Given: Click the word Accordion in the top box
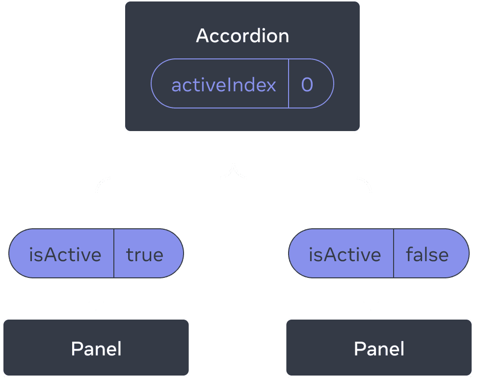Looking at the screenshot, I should [x=242, y=36].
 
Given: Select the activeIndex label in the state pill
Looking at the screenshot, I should [x=224, y=85].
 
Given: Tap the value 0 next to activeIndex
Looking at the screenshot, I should [x=307, y=85].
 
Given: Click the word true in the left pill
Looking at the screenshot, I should [x=145, y=254].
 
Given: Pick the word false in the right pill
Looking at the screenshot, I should [x=427, y=254].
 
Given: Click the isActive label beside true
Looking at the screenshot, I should [x=65, y=254].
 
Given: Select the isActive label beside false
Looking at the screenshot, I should [x=345, y=254].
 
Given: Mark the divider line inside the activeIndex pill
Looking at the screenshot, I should [x=289, y=83].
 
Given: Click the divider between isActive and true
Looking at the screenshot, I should [x=114, y=253].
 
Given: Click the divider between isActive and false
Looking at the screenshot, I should [x=394, y=253].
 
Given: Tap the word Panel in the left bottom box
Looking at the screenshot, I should [x=96, y=349].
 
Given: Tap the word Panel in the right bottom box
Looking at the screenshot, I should [x=379, y=349].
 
